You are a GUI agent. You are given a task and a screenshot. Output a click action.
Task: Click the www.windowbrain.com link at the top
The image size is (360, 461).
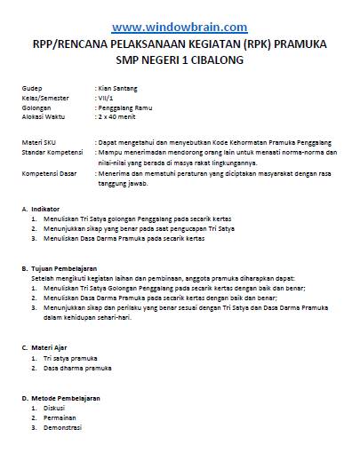pos(180,27)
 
